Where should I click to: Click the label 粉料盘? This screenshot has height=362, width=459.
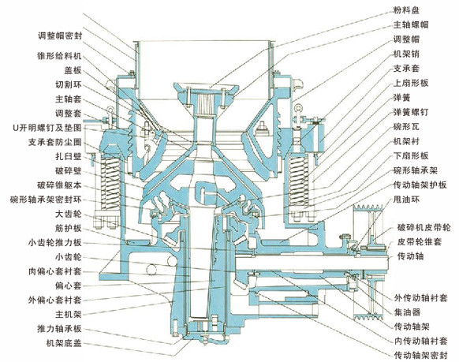406,10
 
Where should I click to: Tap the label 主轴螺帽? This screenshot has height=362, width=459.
411,24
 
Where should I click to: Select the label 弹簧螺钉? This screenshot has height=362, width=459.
411,112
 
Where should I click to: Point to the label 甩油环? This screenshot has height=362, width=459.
406,200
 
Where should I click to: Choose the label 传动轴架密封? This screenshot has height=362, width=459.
421,355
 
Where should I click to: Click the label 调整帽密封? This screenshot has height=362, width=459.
60,35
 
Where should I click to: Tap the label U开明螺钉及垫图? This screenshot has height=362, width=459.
47,128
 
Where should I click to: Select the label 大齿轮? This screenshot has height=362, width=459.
69,214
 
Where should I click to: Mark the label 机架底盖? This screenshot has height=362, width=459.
64,343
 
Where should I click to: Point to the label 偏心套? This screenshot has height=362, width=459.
69,285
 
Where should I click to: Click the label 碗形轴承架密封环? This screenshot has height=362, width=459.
46,200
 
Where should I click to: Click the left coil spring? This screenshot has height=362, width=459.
110,183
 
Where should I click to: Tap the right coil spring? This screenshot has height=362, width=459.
299,182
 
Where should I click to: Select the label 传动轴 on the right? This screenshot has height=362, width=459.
410,256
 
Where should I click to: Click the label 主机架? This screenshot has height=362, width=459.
69,315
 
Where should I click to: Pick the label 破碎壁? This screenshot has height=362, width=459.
69,171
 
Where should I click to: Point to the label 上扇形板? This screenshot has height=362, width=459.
411,83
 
